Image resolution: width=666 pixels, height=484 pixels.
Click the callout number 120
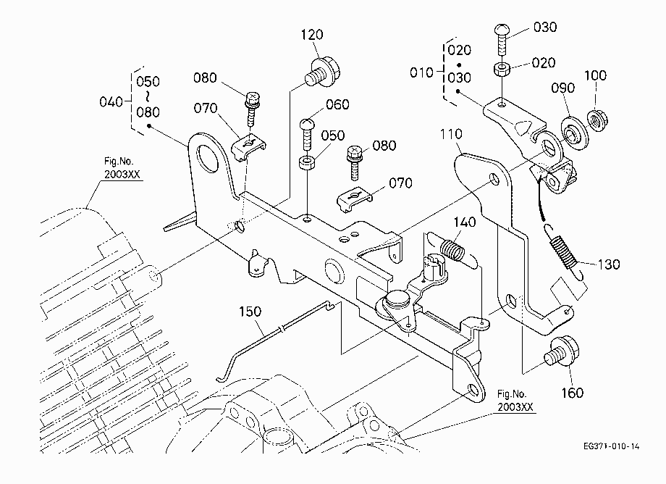[312, 35]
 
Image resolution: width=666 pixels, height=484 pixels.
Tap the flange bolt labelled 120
[324, 72]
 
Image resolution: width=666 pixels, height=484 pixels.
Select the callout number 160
[572, 393]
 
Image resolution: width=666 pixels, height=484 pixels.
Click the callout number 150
[250, 312]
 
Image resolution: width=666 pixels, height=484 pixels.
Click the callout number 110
[451, 134]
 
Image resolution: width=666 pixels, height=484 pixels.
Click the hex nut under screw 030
[502, 69]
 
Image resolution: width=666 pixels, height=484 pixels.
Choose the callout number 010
[421, 72]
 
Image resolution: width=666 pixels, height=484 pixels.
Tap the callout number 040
[111, 102]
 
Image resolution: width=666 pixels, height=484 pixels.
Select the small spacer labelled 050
[307, 163]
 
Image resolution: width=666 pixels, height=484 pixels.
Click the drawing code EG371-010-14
[611, 446]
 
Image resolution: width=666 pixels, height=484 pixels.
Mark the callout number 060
[337, 104]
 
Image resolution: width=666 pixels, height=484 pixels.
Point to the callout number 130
[609, 264]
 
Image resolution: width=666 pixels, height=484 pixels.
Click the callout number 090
[562, 88]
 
